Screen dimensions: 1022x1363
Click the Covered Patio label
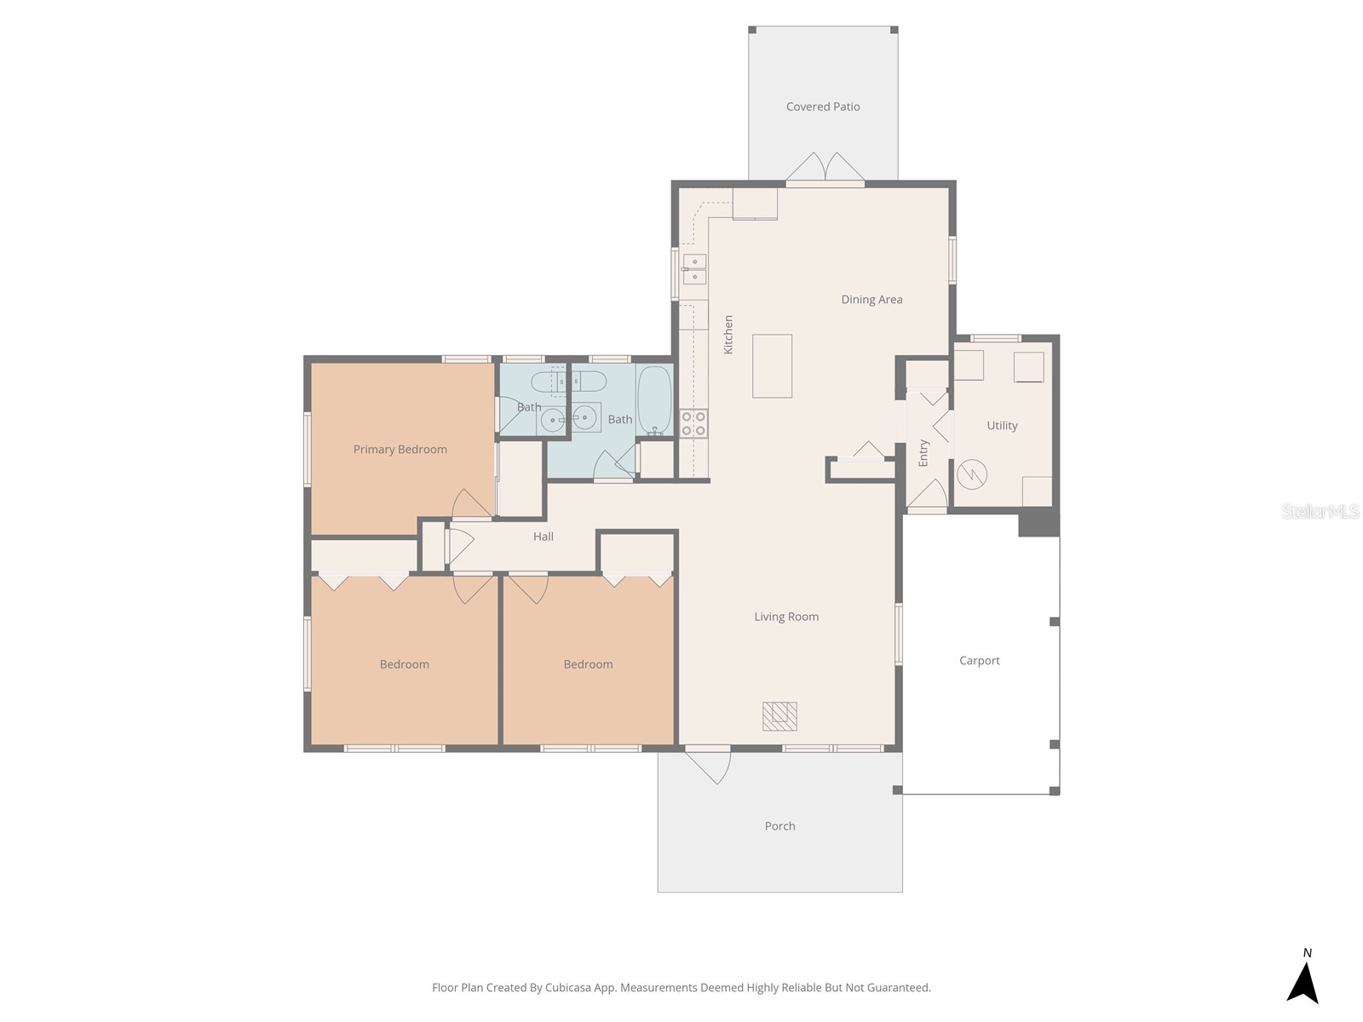pyautogui.click(x=822, y=106)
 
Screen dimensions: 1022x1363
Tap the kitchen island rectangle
pyautogui.click(x=772, y=365)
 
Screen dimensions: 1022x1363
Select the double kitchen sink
pyautogui.click(x=694, y=269)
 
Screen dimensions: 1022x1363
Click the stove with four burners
pyautogui.click(x=693, y=423)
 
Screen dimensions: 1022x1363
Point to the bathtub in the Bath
pyautogui.click(x=654, y=400)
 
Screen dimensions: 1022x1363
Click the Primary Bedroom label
pyautogui.click(x=400, y=450)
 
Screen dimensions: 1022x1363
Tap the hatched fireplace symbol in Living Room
pyautogui.click(x=779, y=716)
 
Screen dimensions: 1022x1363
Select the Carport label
pyautogui.click(x=979, y=661)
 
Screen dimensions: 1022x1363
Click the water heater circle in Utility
pyautogui.click(x=972, y=474)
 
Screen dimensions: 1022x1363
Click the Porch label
pyautogui.click(x=779, y=826)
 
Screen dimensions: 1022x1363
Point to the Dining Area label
pyautogui.click(x=871, y=300)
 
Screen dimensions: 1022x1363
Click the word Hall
pyautogui.click(x=543, y=537)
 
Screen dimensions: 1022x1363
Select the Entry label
pyautogui.click(x=923, y=453)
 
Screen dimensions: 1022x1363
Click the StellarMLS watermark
pyautogui.click(x=1320, y=511)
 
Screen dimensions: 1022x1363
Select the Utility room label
pyautogui.click(x=1002, y=426)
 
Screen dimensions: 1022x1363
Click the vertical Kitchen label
pyautogui.click(x=728, y=335)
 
